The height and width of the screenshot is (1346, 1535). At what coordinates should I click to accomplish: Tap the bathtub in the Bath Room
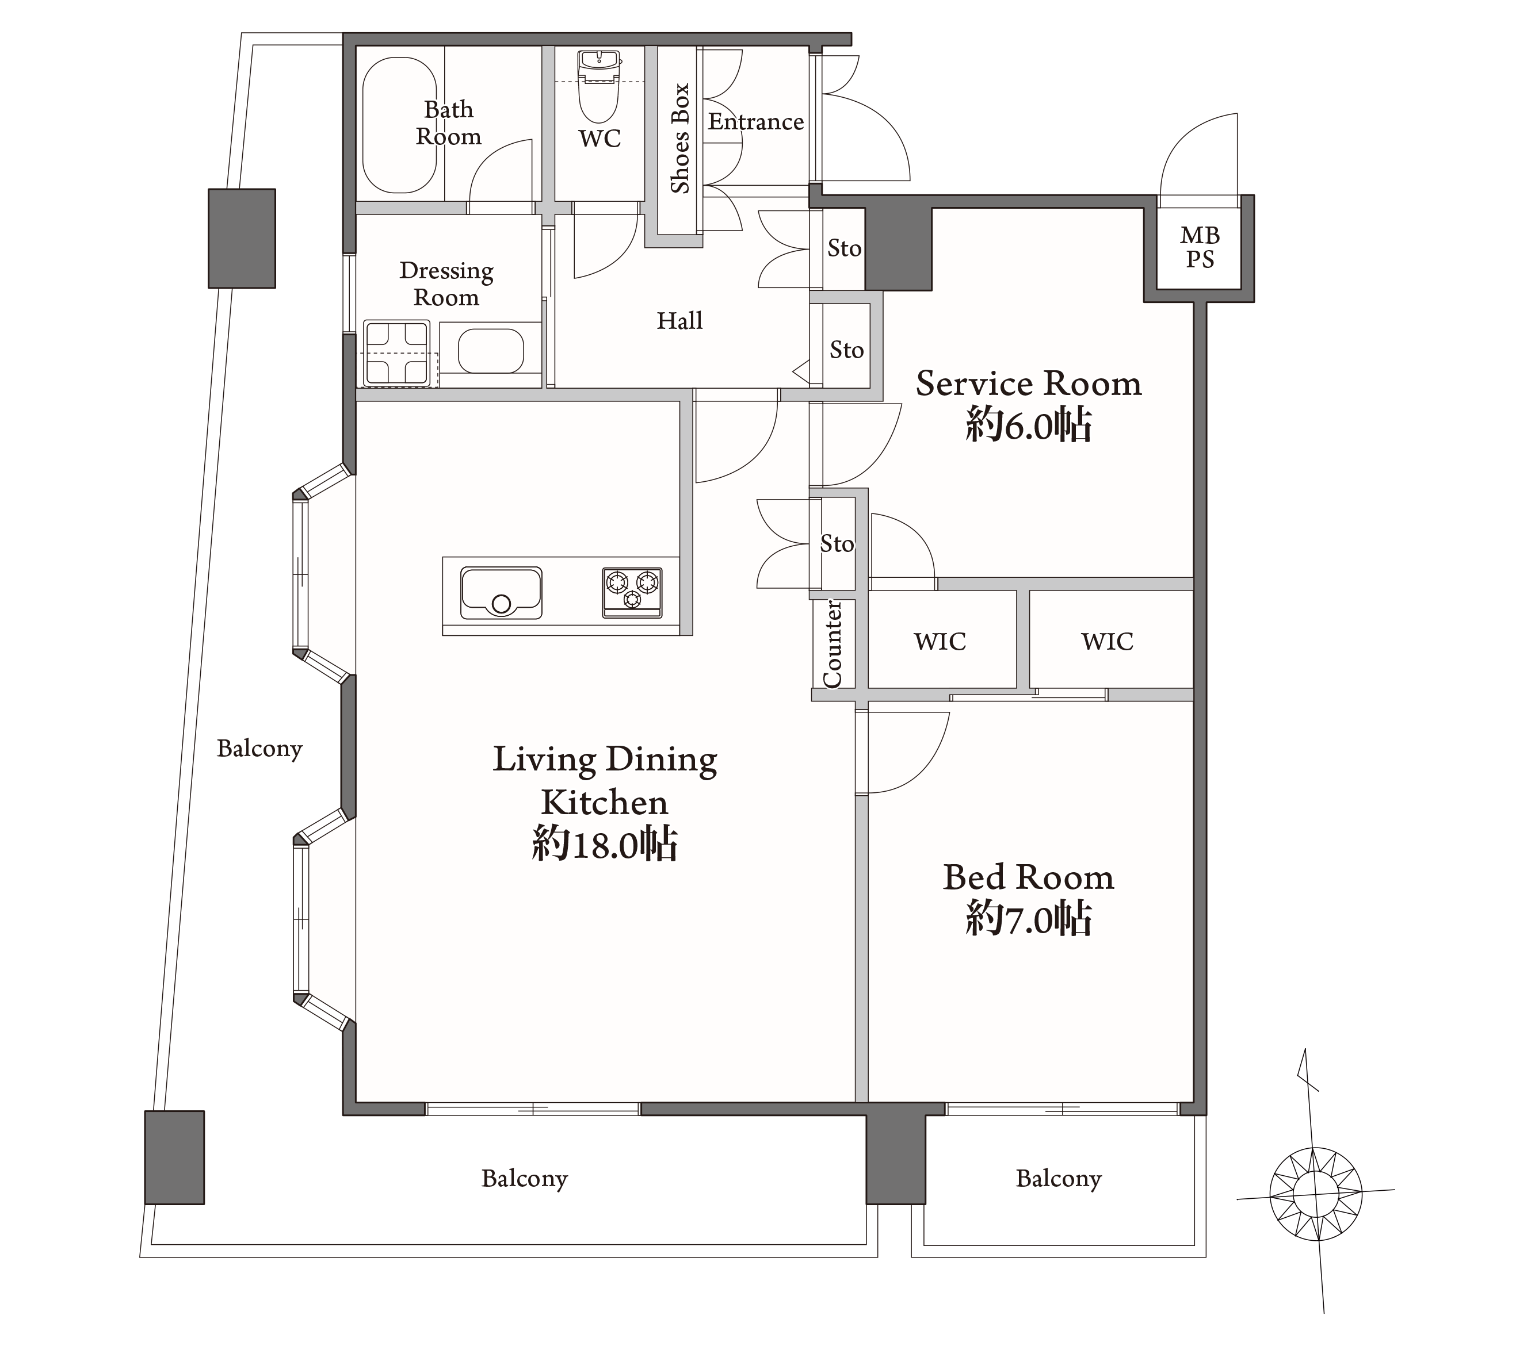(x=399, y=125)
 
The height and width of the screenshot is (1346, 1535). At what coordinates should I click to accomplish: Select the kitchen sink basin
(x=501, y=593)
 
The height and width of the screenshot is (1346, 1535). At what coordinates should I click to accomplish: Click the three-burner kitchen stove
(x=632, y=592)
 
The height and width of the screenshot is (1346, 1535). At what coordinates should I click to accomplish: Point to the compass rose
(x=1315, y=1193)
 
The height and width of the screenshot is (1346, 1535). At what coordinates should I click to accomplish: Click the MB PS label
(x=1200, y=247)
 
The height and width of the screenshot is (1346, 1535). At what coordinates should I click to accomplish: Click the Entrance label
(x=755, y=122)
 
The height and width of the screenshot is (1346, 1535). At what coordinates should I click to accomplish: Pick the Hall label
(x=679, y=321)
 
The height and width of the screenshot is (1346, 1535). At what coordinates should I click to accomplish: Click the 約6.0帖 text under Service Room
(x=1028, y=425)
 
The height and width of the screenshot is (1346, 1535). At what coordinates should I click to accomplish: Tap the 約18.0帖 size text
(x=605, y=844)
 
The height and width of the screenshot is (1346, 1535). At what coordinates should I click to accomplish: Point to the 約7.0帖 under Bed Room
(x=1028, y=918)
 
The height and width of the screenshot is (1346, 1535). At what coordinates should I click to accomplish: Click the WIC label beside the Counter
(x=940, y=642)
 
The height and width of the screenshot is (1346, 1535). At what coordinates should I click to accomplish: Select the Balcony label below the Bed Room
(x=1058, y=1179)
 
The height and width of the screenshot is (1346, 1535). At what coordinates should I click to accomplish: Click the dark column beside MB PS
(x=898, y=248)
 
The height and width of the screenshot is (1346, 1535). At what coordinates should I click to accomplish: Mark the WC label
(x=600, y=139)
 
